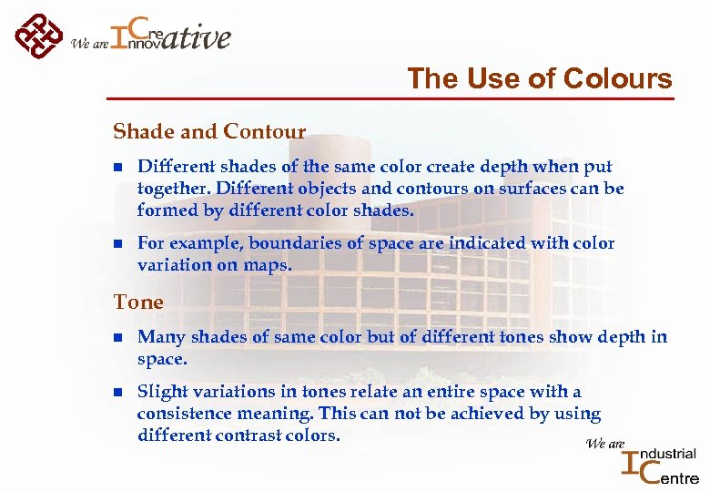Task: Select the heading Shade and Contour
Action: [x=209, y=132]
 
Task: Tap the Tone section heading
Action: [x=138, y=302]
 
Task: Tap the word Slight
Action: [x=157, y=392]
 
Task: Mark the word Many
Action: [x=157, y=337]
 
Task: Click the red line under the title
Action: [x=390, y=98]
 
